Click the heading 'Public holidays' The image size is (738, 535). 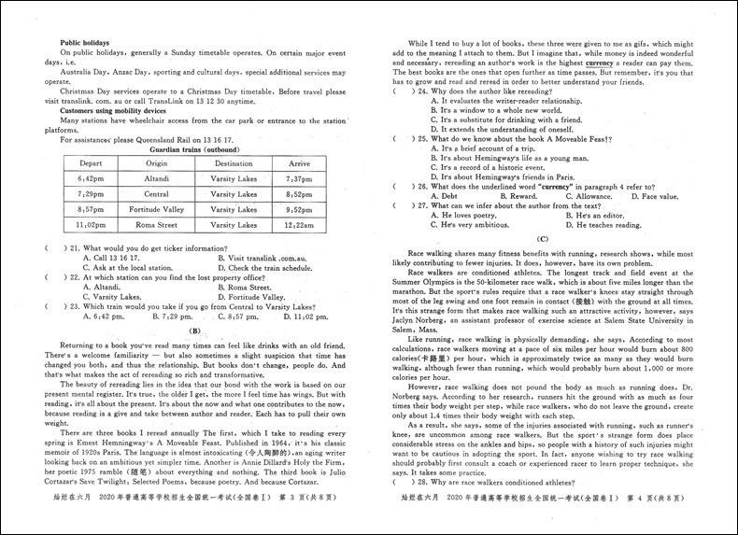(x=85, y=43)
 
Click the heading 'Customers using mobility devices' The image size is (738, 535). (x=113, y=110)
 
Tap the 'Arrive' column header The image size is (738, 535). (x=299, y=163)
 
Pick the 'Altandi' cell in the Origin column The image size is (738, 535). (x=156, y=178)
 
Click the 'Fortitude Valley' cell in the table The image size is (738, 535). (x=156, y=210)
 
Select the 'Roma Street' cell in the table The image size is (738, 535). (x=156, y=226)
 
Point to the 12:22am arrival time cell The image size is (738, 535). (x=299, y=226)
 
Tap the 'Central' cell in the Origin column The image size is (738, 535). (x=156, y=194)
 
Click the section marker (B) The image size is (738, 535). (x=195, y=331)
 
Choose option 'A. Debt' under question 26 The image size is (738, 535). (x=447, y=196)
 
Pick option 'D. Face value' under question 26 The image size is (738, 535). (x=654, y=196)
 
